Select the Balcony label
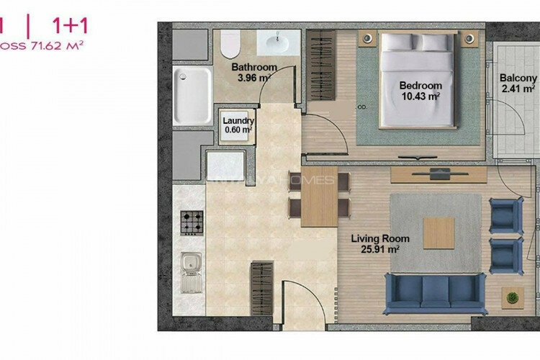[518, 78]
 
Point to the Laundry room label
[237, 121]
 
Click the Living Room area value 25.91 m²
[380, 249]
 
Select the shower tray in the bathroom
[192, 95]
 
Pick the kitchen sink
[192, 272]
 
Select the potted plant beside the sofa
[513, 297]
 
